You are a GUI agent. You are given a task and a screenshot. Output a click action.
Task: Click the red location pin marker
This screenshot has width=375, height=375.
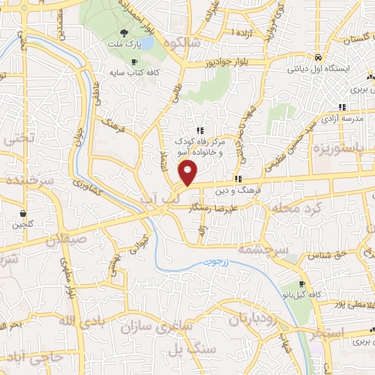click(x=189, y=173)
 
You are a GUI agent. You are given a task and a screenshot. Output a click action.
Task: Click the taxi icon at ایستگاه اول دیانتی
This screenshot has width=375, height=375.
click(x=318, y=57)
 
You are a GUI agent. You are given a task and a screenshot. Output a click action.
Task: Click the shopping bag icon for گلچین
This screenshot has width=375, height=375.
click(x=23, y=214)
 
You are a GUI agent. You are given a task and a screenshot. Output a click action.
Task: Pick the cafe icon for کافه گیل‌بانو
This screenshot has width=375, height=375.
click(x=302, y=284)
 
